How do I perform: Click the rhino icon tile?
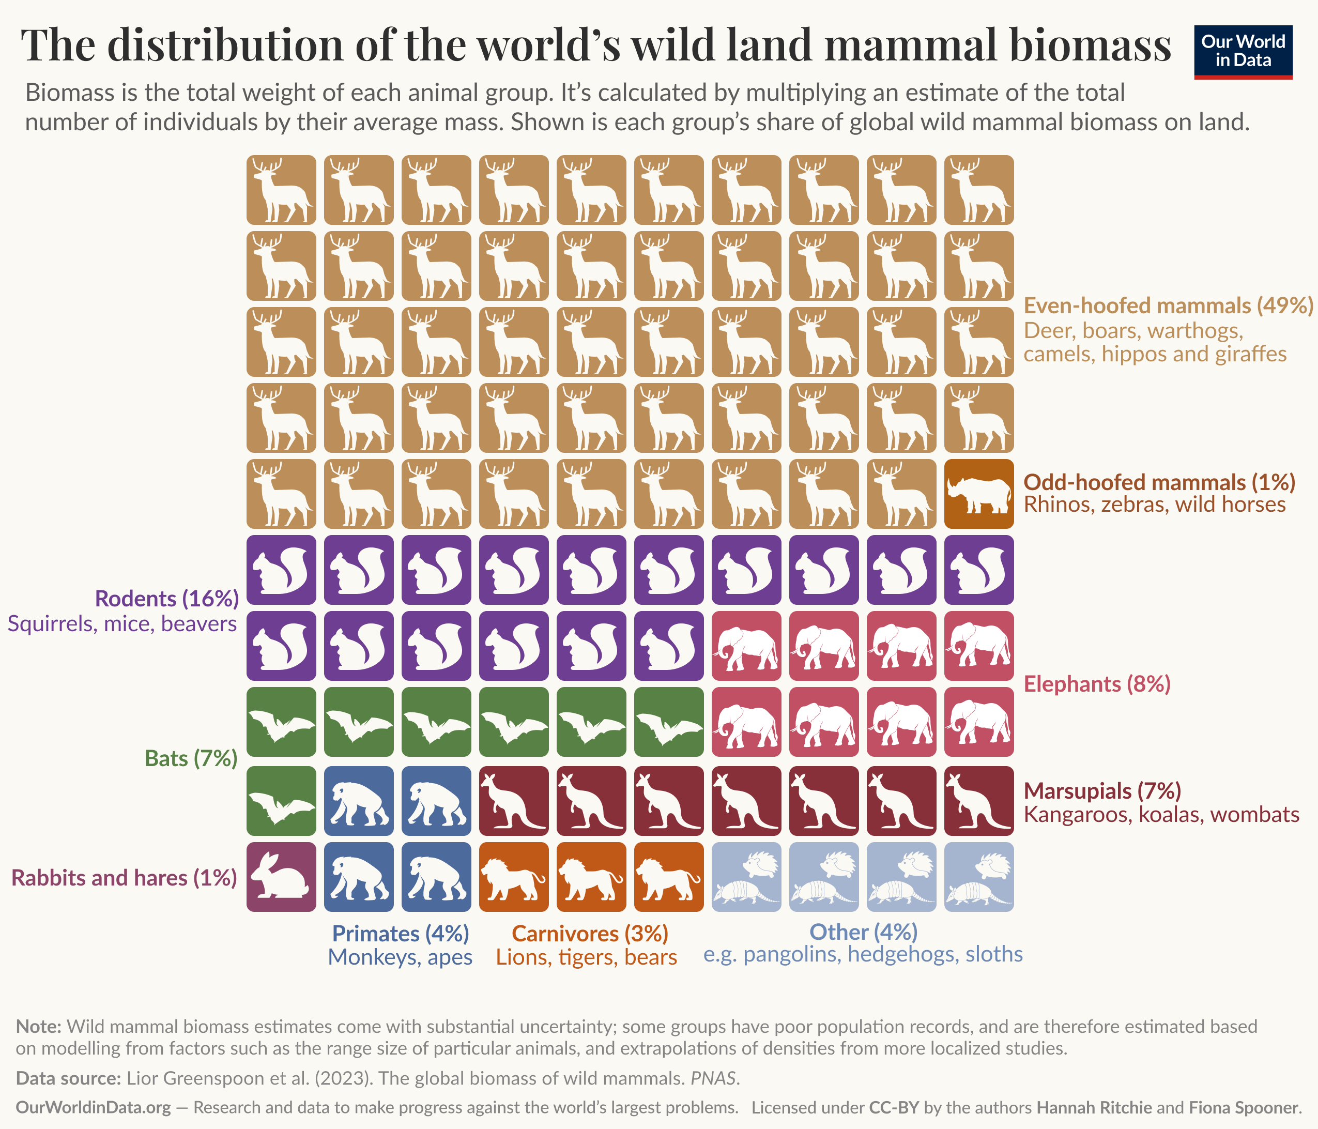pos(978,494)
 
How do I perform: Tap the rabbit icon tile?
pos(281,877)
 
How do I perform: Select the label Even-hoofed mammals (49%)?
pos(1168,306)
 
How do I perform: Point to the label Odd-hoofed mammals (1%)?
pos(1159,482)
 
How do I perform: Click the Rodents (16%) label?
pos(166,599)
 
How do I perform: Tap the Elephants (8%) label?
pos(1097,684)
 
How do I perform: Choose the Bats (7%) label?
pos(191,758)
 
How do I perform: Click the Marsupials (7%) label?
pos(1102,790)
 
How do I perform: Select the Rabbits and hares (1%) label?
pos(124,878)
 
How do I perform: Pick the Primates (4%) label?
pos(401,933)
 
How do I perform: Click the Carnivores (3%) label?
pos(590,933)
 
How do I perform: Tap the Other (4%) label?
pos(863,932)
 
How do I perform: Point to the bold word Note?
pos(38,1027)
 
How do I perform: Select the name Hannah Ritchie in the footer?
pos(1094,1107)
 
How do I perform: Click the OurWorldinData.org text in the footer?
pos(93,1107)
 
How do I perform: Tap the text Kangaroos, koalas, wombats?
pos(1161,815)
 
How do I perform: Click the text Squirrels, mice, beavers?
pos(122,624)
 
